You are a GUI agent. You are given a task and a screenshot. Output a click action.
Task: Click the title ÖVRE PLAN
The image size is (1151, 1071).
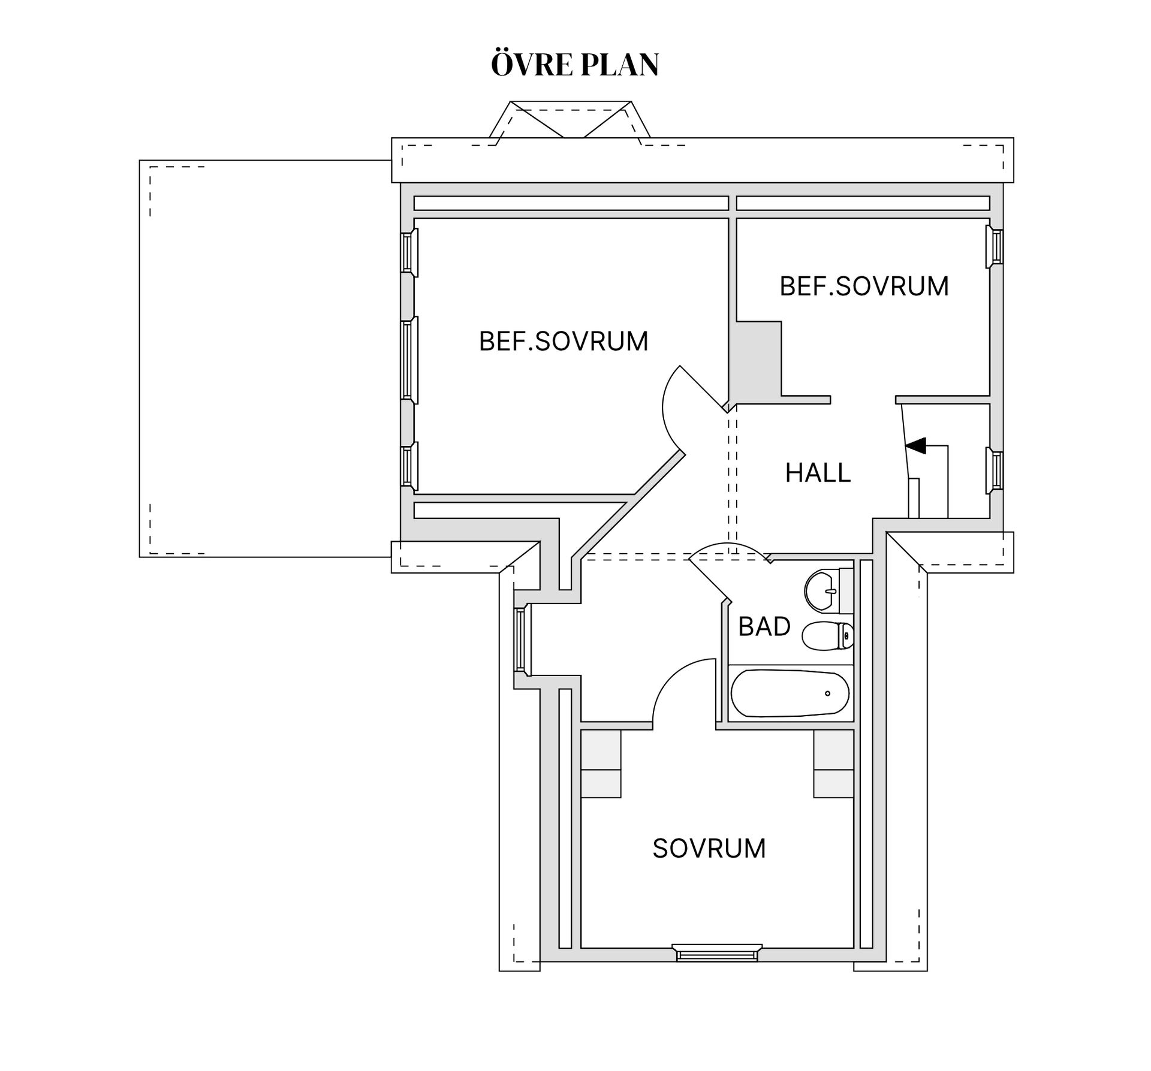coord(575,64)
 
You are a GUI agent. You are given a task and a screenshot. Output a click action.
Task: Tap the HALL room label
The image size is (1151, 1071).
coord(818,473)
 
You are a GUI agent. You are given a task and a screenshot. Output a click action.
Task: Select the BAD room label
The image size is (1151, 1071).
coord(764,626)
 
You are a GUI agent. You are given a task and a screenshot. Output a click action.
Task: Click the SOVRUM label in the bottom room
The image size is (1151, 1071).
coord(709,849)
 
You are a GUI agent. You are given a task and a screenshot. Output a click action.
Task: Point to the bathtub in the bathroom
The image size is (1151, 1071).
coord(790,693)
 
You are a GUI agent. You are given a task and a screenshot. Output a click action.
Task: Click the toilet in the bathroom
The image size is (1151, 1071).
coord(828,636)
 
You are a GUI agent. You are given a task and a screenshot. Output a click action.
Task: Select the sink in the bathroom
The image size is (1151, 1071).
coord(829,590)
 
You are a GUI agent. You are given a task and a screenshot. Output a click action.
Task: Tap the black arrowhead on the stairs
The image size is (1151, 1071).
coord(916,446)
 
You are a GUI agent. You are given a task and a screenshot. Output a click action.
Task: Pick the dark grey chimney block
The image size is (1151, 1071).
coord(758,360)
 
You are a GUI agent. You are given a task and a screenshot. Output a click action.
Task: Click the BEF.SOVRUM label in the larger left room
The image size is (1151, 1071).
coord(564,341)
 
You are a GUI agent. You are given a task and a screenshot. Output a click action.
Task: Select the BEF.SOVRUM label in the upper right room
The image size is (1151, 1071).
coord(864,286)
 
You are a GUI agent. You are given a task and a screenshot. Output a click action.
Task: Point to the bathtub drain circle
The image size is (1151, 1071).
coord(827,693)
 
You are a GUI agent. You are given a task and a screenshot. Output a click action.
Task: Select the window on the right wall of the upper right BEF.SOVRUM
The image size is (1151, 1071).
coord(995,246)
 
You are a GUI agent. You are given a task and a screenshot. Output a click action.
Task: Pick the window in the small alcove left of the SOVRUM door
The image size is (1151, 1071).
coord(520,639)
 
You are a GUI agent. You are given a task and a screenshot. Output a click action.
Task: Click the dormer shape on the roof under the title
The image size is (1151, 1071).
coord(570,120)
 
